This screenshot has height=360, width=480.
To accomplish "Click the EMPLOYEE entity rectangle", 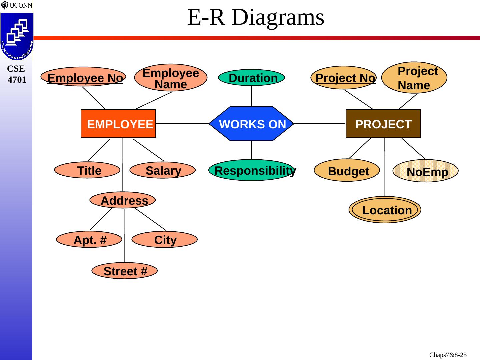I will coord(118,124).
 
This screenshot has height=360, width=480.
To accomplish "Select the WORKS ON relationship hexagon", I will coord(251,124).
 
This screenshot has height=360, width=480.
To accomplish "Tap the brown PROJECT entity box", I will coord(383,124).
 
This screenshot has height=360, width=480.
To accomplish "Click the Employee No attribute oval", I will coord(83,77).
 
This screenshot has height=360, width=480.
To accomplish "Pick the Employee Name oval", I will coord(171,78).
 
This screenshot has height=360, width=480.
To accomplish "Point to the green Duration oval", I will coord(251,78).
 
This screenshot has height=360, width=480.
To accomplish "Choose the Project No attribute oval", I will coord(344,78).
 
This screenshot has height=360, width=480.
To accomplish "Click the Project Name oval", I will coord(414,78).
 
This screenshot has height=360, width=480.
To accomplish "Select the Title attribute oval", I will coord(87,170).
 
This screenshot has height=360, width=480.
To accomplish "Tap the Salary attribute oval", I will coord(162,170).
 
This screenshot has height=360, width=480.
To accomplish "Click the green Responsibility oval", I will coord(252,170).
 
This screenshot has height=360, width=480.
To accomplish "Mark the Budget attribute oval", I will coord(347,170).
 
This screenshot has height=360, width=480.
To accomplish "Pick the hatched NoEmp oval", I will coord(426,171).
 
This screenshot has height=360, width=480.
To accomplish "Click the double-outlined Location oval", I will coord(385,210).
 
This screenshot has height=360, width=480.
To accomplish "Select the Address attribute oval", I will coord(123,200).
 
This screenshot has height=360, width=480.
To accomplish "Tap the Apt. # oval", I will coord(89,239).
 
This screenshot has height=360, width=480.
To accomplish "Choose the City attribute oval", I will coord(164,239).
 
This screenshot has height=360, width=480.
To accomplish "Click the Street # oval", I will coord(124,271).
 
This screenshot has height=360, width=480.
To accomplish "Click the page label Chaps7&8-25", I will coord(448,355).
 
